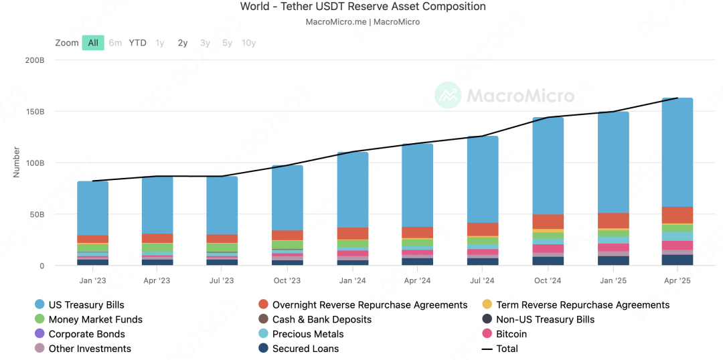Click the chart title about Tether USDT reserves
click(x=363, y=7)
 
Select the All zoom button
click(x=93, y=43)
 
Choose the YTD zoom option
click(x=137, y=43)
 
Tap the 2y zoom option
click(x=183, y=43)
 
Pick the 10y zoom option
click(x=248, y=43)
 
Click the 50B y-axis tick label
click(x=35, y=214)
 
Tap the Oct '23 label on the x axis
click(x=287, y=280)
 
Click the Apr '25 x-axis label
click(x=677, y=280)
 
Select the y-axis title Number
click(x=16, y=162)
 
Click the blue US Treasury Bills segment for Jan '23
click(x=92, y=207)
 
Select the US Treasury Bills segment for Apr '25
click(x=677, y=153)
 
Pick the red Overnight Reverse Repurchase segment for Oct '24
click(x=548, y=221)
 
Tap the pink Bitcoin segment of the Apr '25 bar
click(x=677, y=246)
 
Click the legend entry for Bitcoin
click(x=511, y=334)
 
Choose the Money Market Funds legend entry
click(x=95, y=319)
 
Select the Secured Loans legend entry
click(x=305, y=349)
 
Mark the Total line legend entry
click(x=507, y=349)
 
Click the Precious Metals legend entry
click(x=308, y=334)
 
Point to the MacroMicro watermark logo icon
click(x=448, y=96)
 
